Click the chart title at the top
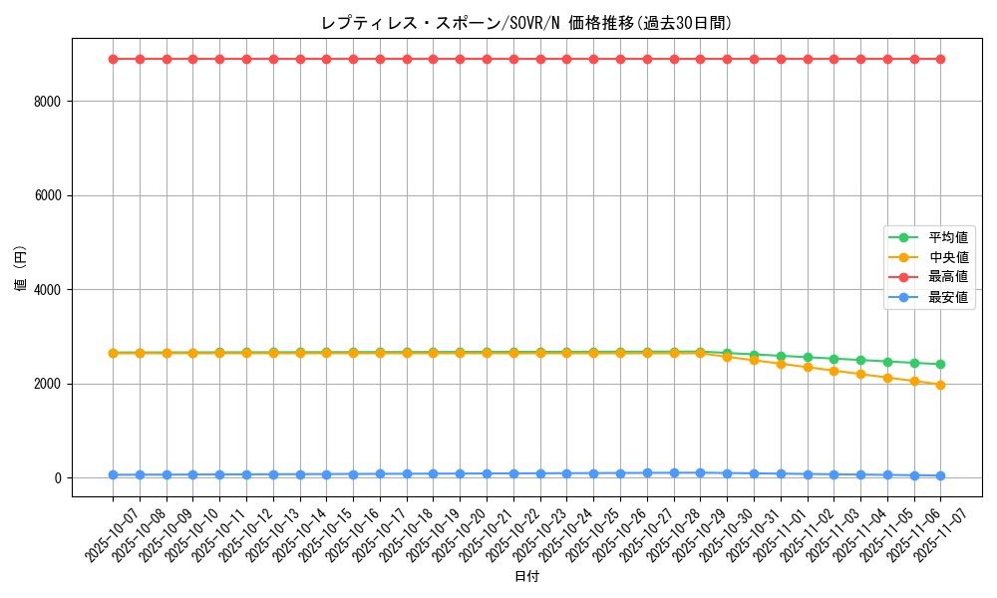pyautogui.click(x=526, y=23)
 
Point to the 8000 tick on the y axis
pyautogui.click(x=47, y=102)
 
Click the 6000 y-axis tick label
pyautogui.click(x=47, y=195)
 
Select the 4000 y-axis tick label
pyautogui.click(x=47, y=290)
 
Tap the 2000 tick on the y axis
pyautogui.click(x=47, y=384)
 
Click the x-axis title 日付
pyautogui.click(x=526, y=577)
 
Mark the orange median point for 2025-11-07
pyautogui.click(x=940, y=385)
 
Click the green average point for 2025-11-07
pyautogui.click(x=940, y=365)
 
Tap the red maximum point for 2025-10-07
pyautogui.click(x=114, y=59)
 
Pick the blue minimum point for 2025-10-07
pyautogui.click(x=114, y=475)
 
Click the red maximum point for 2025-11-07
pyautogui.click(x=940, y=59)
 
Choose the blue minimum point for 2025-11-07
pyautogui.click(x=940, y=476)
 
